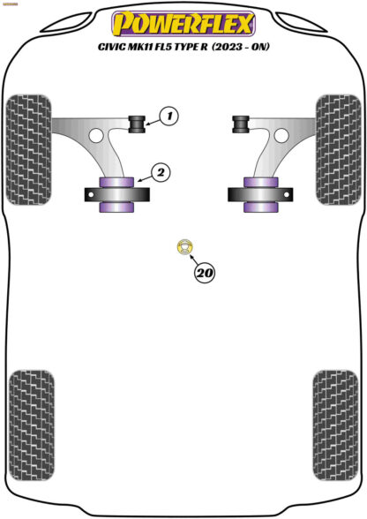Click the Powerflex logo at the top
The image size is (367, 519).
pos(183,24)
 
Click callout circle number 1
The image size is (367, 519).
pos(169,117)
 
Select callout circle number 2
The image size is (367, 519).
pos(161,172)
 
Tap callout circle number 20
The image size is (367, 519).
pos(205,273)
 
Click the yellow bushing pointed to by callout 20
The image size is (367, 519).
pos(184,247)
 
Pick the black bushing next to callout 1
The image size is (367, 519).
pos(137,124)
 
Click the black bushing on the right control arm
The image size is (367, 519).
pos(241,124)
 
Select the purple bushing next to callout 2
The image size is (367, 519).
pos(116,194)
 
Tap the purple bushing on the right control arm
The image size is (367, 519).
pos(261,194)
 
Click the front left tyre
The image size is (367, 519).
pos(29,150)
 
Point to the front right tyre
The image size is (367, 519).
pos(338,150)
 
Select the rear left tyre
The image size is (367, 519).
pos(32,425)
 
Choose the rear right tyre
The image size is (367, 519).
pos(335,425)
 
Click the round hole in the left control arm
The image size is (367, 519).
pos(96,135)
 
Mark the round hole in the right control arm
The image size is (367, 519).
pos(281,135)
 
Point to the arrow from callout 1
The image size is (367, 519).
pos(153,123)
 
